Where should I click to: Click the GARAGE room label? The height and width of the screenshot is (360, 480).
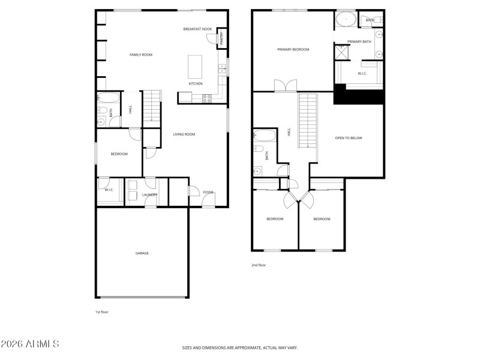pos(142,253)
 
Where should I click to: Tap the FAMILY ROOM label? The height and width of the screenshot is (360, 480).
pos(141,55)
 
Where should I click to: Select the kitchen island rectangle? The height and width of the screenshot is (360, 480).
pos(196,67)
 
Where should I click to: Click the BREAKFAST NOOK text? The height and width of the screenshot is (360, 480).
pos(197,29)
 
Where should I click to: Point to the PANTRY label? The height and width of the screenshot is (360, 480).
pos(221,38)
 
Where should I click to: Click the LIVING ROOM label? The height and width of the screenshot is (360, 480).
pos(184,134)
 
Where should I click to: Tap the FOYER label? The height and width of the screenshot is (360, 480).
pos(208,192)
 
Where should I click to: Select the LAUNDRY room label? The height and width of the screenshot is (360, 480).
pos(149,194)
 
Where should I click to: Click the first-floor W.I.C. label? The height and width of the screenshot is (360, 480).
pos(109,190)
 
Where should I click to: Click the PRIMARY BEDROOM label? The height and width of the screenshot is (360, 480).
pos(293,49)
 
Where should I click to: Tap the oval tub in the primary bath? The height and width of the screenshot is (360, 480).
pos(346,19)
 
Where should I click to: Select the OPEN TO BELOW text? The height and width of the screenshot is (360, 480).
pos(348,138)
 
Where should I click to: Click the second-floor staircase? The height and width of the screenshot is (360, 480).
pos(307,120)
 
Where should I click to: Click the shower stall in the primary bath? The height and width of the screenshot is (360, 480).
pos(342,53)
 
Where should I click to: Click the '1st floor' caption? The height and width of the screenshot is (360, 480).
pos(101,312)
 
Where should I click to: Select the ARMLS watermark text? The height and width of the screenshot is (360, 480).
pos(30,344)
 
